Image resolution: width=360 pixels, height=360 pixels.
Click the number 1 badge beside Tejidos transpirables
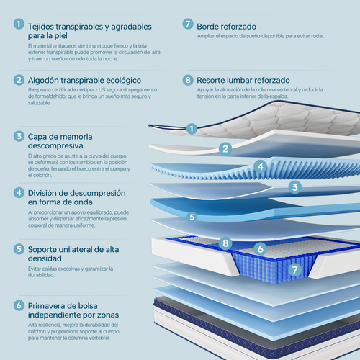(x=19, y=24)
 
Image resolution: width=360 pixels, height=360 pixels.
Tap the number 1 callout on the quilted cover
(x=192, y=129)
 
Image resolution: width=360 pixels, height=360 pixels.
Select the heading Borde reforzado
(x=226, y=27)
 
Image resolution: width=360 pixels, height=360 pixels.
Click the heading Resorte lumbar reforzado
(x=243, y=80)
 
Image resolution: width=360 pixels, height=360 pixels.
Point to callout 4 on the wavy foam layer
(x=261, y=166)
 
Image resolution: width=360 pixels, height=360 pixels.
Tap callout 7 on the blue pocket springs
(x=295, y=270)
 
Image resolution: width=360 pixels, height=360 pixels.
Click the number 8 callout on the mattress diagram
(x=225, y=243)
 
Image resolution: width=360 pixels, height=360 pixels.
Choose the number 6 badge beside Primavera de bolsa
(x=19, y=305)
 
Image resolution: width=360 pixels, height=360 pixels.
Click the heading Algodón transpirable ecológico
(x=84, y=81)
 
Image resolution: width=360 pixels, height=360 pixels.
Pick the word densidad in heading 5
(x=45, y=258)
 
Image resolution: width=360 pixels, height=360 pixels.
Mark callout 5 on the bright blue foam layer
(x=192, y=217)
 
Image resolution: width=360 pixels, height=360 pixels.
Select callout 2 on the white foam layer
(x=225, y=149)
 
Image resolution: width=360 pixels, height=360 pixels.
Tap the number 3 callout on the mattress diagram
(x=294, y=187)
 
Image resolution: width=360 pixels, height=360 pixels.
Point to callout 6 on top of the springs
(x=261, y=249)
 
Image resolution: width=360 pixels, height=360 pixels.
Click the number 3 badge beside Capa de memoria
(x=19, y=136)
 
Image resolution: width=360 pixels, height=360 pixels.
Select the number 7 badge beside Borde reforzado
(x=188, y=24)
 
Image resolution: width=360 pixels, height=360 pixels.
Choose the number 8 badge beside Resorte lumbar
(x=188, y=80)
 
